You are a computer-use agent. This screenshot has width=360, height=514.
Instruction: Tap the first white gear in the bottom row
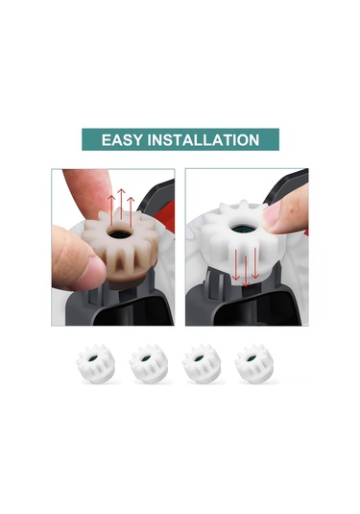[94, 365]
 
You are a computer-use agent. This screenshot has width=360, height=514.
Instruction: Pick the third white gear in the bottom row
[201, 365]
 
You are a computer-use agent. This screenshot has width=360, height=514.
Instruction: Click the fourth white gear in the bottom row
[253, 365]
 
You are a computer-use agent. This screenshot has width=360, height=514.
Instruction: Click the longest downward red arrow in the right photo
[248, 268]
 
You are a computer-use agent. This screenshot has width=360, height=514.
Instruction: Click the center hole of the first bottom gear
[94, 358]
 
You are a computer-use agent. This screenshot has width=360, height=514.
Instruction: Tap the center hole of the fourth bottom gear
[253, 358]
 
